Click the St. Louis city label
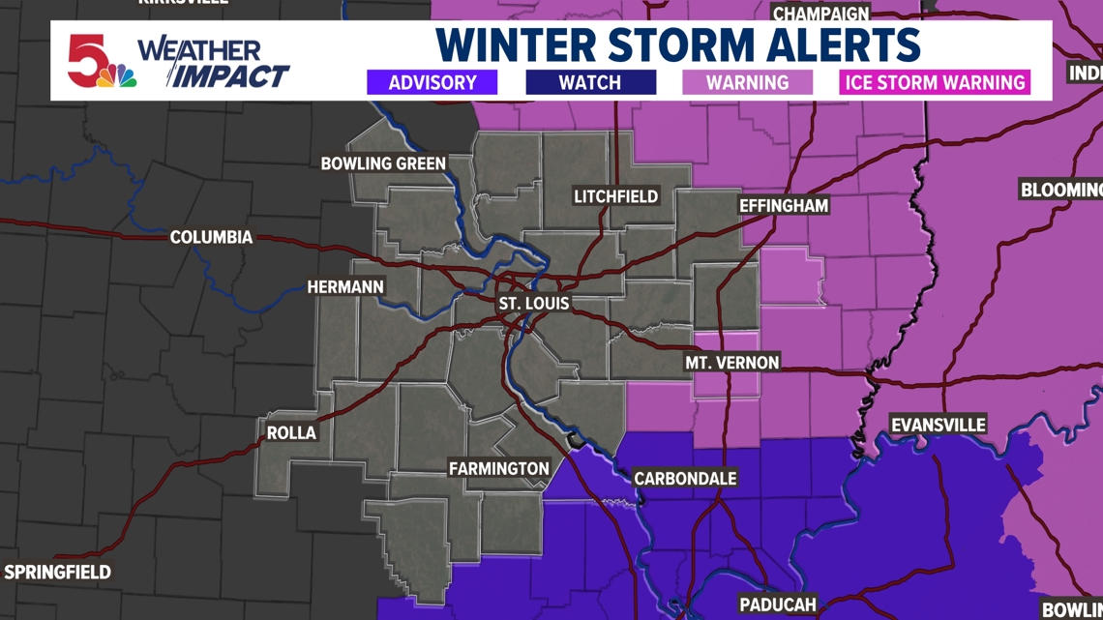point(533,304)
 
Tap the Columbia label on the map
point(211,237)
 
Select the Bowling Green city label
point(383,163)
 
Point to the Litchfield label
point(615,196)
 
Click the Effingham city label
point(784,206)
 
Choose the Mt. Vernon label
point(731,363)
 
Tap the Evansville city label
point(938,425)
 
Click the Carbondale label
point(685,478)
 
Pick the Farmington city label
point(498,468)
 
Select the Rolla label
point(291,432)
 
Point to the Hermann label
point(345,287)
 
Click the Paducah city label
point(778,605)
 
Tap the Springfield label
point(57,573)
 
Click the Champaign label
point(820,14)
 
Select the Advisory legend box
point(432,82)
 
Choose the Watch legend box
point(590,82)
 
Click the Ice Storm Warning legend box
point(935,82)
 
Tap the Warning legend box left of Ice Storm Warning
point(747,82)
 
